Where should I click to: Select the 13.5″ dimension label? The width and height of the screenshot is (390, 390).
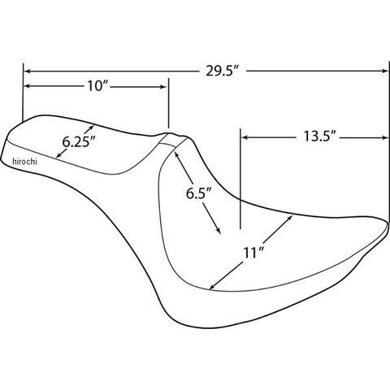319,136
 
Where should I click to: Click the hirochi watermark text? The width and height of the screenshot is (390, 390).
24,162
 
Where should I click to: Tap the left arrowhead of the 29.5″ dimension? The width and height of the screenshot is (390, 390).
27,71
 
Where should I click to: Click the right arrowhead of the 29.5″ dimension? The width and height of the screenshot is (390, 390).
385,71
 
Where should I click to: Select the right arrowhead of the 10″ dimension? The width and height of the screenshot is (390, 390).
163,87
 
